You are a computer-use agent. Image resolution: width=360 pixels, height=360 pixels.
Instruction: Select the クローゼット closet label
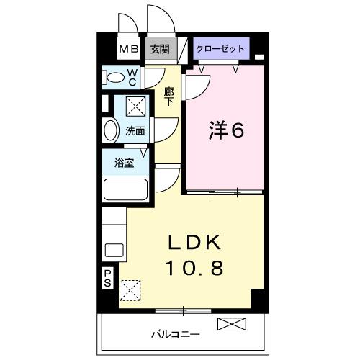tap(220, 49)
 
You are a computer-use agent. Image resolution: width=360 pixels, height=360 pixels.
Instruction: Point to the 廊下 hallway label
tap(169, 96)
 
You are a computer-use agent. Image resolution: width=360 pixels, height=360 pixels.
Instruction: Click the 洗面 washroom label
tap(135, 131)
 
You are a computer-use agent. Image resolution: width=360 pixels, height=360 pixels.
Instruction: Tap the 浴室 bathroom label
tap(125, 163)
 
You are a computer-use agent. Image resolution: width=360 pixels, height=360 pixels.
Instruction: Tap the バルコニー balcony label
tap(176, 334)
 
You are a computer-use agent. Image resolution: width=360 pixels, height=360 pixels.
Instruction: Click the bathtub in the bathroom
tap(125, 189)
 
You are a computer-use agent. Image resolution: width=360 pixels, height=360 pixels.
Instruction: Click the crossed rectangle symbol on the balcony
tap(230, 325)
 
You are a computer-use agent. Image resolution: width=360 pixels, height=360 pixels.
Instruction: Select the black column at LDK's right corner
tap(257, 297)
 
